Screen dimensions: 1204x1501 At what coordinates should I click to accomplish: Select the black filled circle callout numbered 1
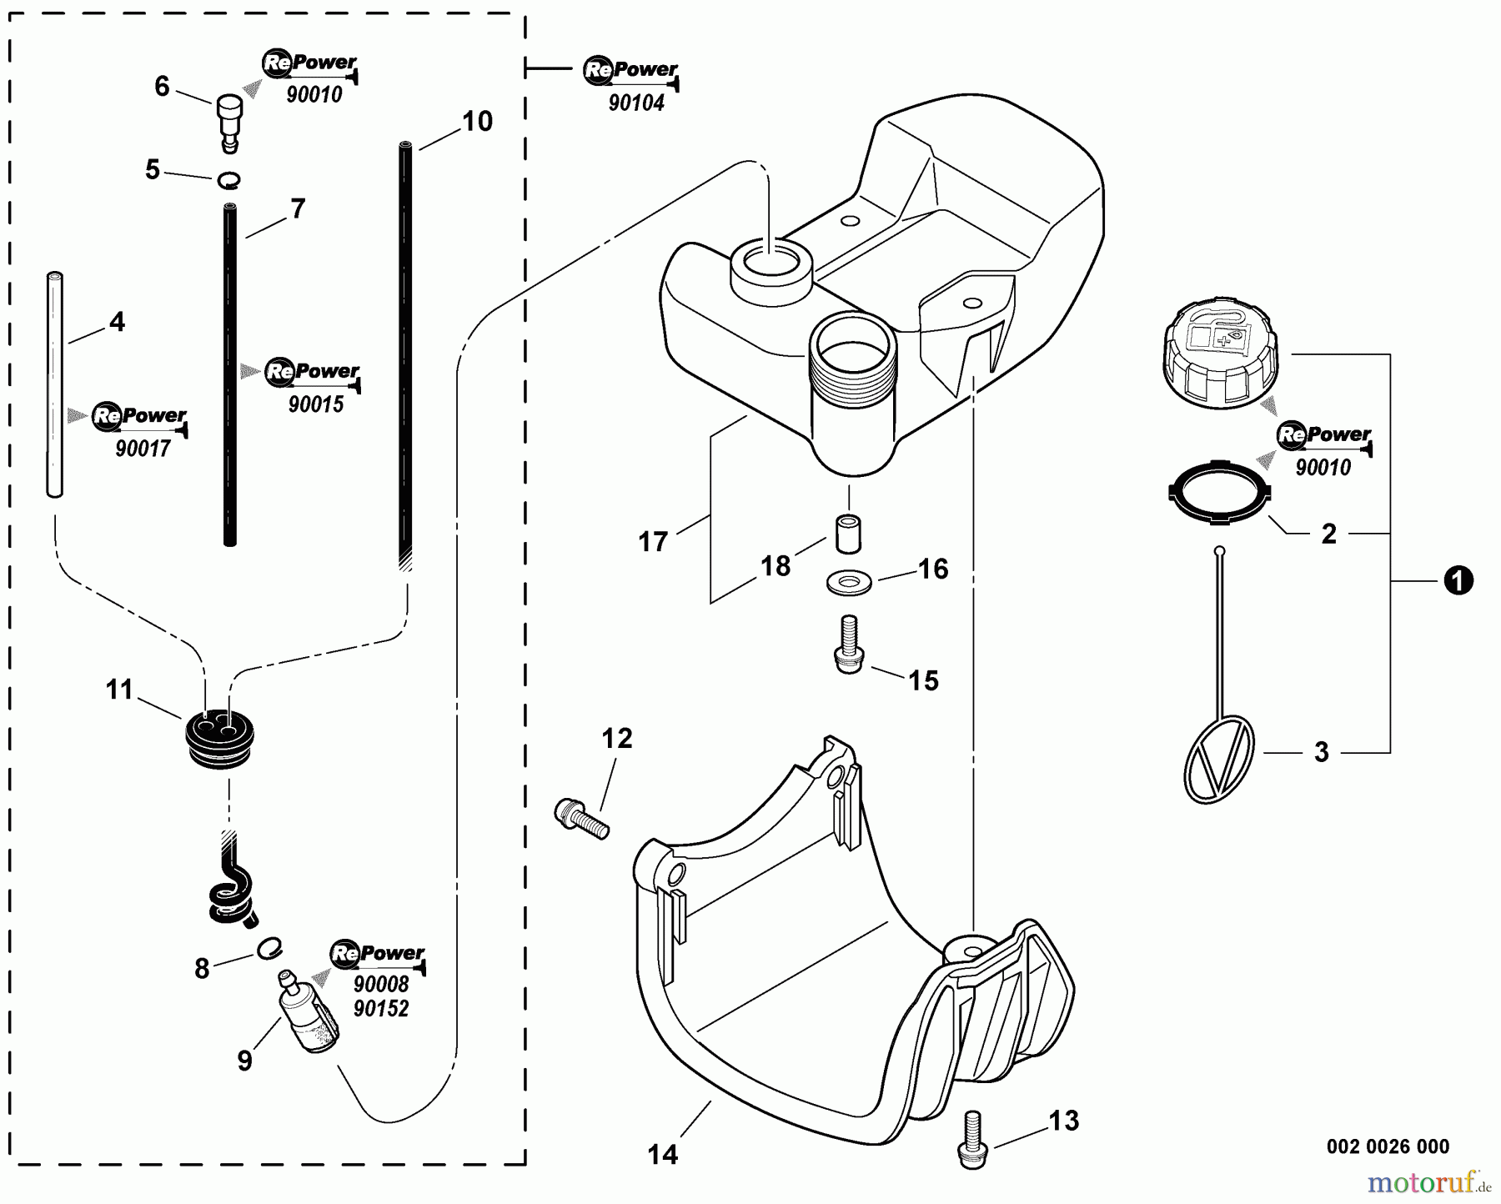pos(1458,580)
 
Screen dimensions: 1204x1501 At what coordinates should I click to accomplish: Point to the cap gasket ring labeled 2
pos(1218,494)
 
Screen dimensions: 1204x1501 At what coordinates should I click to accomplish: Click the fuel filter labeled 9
pos(303,1013)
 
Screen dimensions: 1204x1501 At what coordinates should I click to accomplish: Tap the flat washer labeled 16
pos(849,582)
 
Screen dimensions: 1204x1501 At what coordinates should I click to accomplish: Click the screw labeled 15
pos(849,643)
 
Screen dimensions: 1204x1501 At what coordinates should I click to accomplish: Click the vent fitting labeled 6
pos(228,119)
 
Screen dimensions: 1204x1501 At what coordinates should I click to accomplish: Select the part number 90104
pos(636,103)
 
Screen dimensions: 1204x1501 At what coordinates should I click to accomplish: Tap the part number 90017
pos(143,449)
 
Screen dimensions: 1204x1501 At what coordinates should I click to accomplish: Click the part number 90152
pos(381,1009)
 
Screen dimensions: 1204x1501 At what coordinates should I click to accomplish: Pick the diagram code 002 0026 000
pos(1388,1146)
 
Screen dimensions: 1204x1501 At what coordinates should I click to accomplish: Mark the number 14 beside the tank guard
pos(662,1154)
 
